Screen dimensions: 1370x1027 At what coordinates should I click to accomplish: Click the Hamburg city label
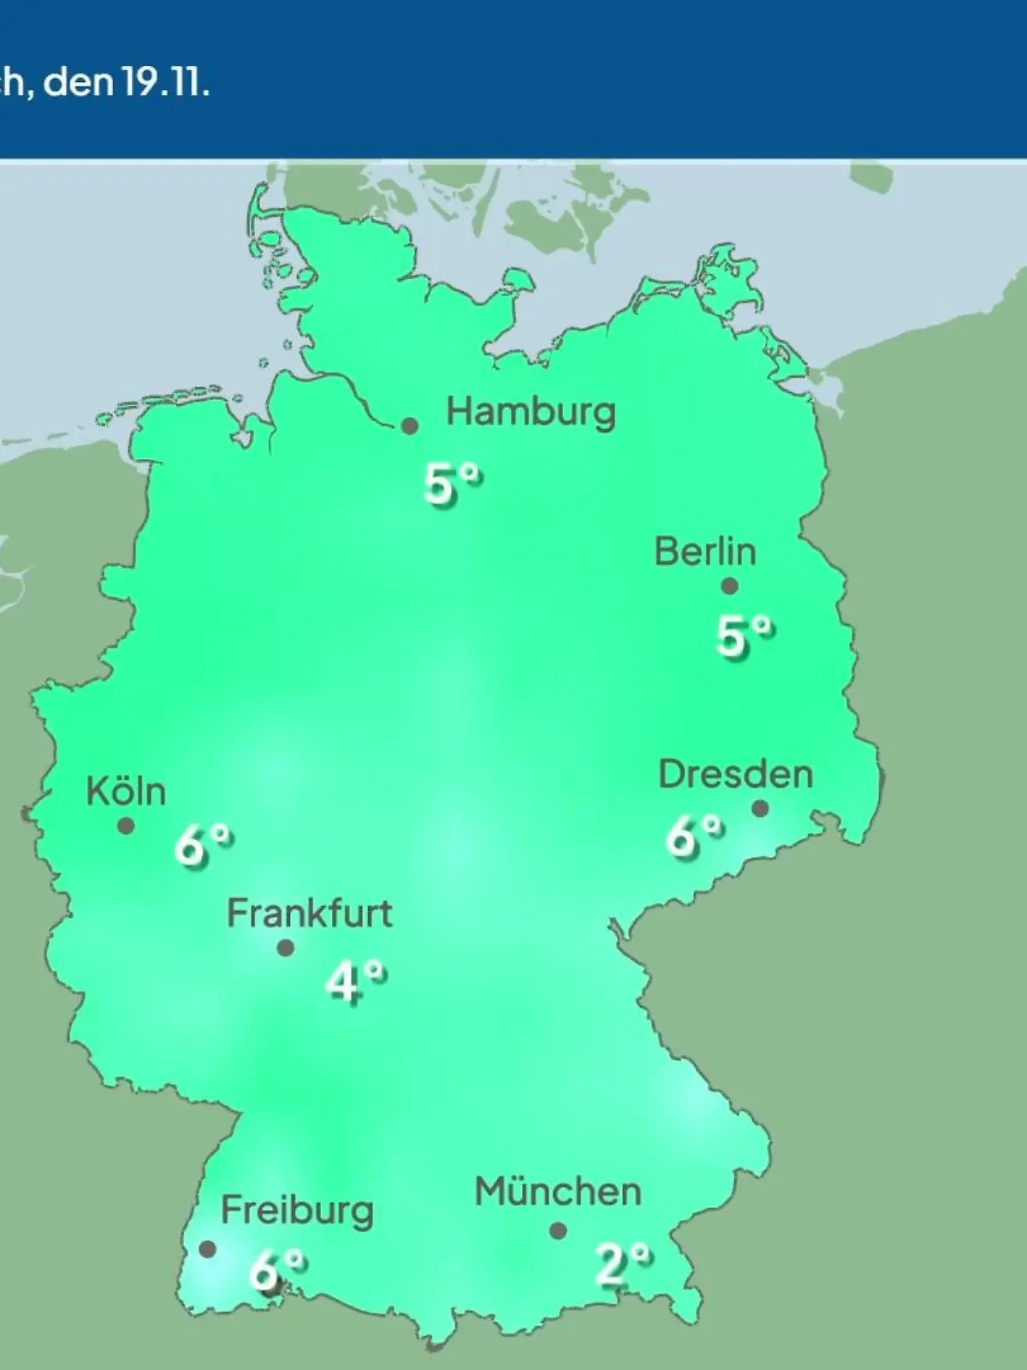pyautogui.click(x=531, y=413)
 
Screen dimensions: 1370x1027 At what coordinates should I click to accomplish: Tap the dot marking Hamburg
pyautogui.click(x=410, y=426)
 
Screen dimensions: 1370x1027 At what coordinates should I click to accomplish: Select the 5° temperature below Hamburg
pyautogui.click(x=452, y=485)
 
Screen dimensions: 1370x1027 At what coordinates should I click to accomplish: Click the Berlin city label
pyautogui.click(x=705, y=551)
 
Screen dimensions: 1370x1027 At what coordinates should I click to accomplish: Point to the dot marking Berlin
pyautogui.click(x=729, y=587)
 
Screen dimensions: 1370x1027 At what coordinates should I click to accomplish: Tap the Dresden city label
pyautogui.click(x=735, y=774)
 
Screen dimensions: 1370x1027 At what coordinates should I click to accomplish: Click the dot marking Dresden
pyautogui.click(x=760, y=808)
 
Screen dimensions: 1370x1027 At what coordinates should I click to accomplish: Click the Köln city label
pyautogui.click(x=126, y=791)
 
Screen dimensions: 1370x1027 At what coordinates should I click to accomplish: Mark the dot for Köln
pyautogui.click(x=126, y=826)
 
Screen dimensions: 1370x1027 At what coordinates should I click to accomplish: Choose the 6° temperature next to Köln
pyautogui.click(x=203, y=846)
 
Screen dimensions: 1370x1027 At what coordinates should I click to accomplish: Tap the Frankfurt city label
pyautogui.click(x=309, y=914)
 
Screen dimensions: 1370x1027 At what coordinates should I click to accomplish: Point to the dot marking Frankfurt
pyautogui.click(x=286, y=948)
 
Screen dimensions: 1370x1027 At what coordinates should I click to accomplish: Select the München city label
pyautogui.click(x=558, y=1192)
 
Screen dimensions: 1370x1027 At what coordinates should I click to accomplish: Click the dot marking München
pyautogui.click(x=558, y=1231)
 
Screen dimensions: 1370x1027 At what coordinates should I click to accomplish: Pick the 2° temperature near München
pyautogui.click(x=623, y=1265)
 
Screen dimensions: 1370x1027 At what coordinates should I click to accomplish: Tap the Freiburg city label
pyautogui.click(x=297, y=1211)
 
